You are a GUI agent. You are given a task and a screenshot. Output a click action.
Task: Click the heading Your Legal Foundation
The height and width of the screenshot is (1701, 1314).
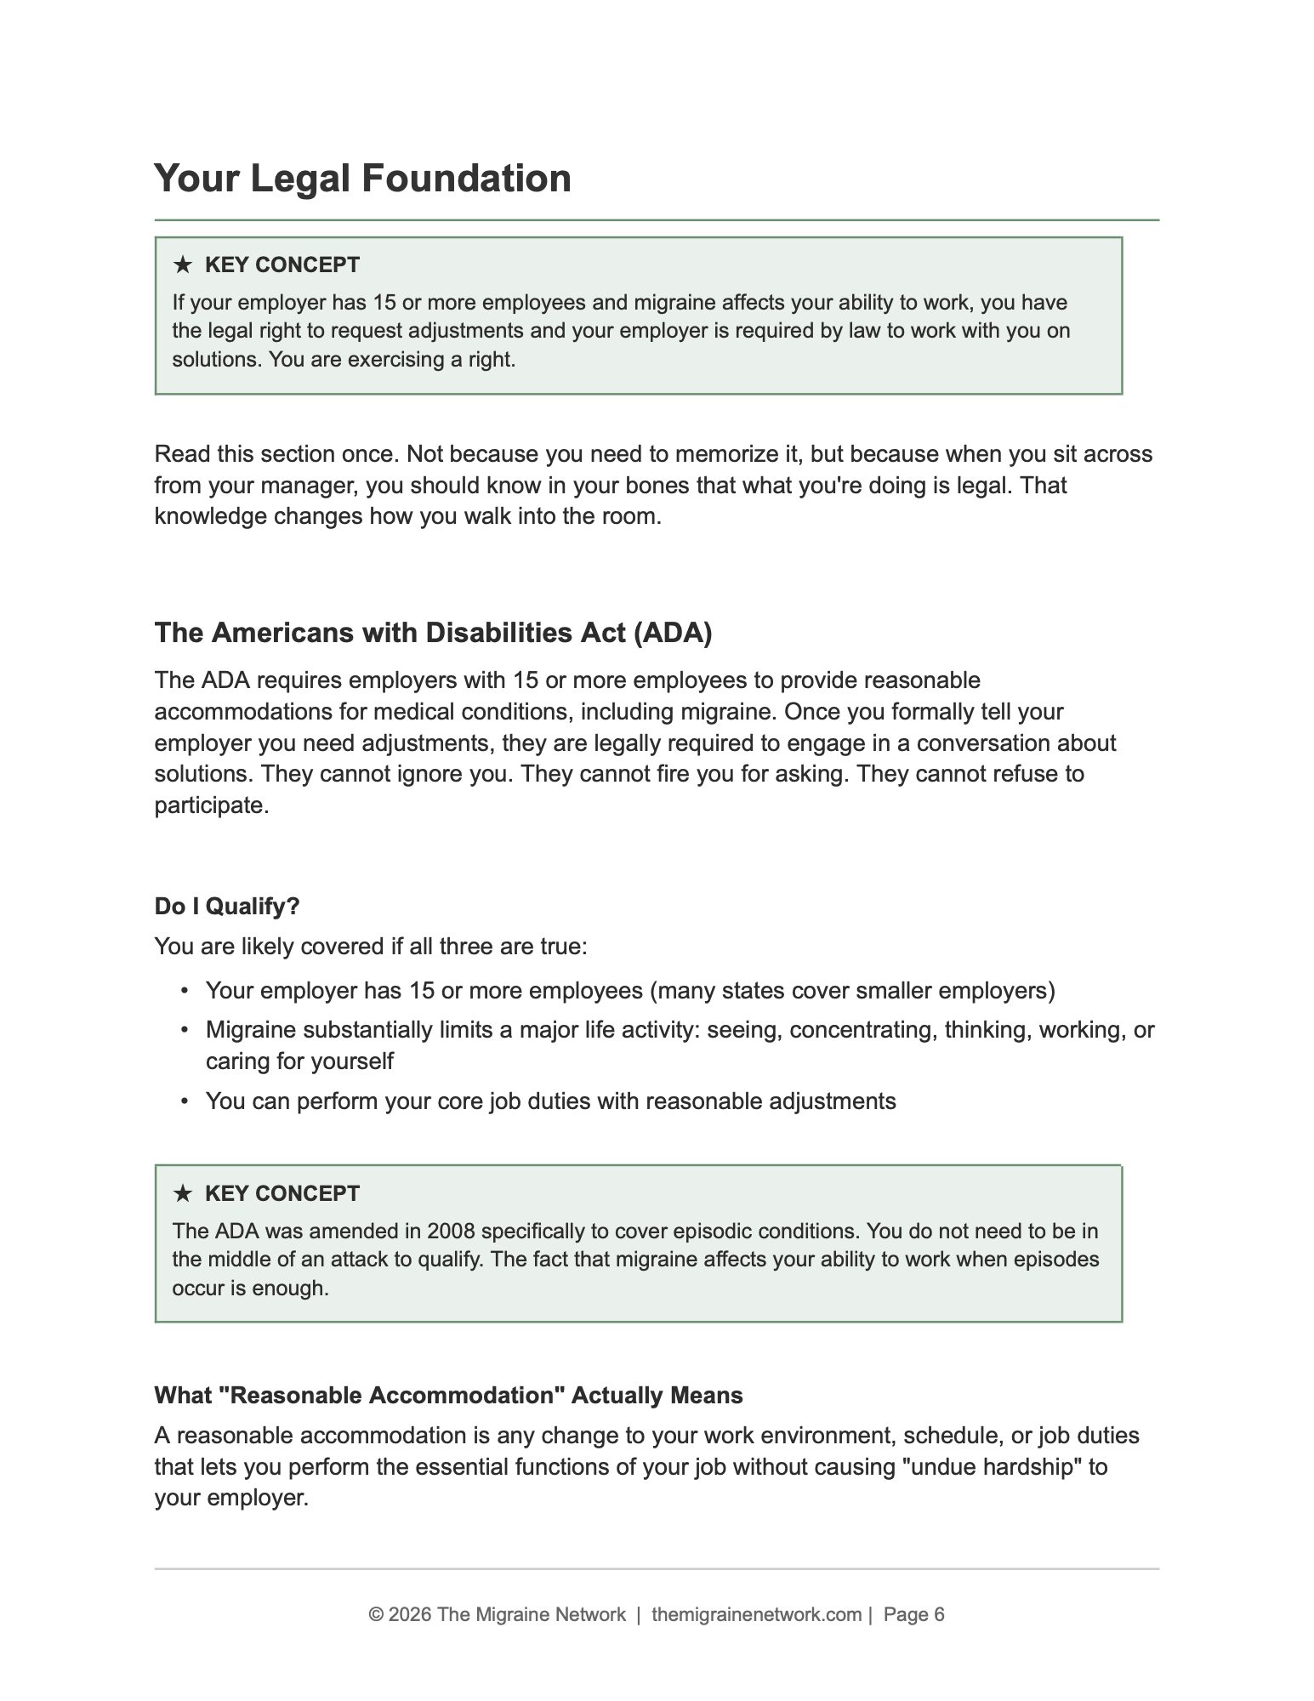pyautogui.click(x=362, y=179)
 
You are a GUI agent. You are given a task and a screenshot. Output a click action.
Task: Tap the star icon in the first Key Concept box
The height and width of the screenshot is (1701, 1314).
pyautogui.click(x=182, y=265)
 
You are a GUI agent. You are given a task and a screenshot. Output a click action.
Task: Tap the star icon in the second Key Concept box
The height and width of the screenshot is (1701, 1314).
pyautogui.click(x=182, y=1194)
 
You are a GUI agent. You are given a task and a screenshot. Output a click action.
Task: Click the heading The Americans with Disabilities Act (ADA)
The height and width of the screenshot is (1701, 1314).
pyautogui.click(x=433, y=633)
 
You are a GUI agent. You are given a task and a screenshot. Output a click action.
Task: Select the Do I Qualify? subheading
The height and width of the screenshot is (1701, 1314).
pyautogui.click(x=227, y=907)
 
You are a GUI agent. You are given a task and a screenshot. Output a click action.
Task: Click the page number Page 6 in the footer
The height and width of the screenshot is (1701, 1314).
pyautogui.click(x=913, y=1614)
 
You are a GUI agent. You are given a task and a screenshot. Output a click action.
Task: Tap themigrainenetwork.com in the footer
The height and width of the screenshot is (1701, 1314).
pyautogui.click(x=756, y=1614)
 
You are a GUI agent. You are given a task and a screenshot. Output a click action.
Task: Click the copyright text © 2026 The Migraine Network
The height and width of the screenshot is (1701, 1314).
pyautogui.click(x=497, y=1614)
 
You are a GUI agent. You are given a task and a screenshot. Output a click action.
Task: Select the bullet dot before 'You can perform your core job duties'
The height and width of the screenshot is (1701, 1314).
pyautogui.click(x=184, y=1101)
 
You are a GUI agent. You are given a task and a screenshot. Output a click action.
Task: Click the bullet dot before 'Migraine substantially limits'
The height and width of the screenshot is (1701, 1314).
pyautogui.click(x=184, y=1030)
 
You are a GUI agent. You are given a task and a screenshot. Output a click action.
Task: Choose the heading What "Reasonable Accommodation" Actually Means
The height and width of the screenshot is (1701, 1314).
pyautogui.click(x=448, y=1396)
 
